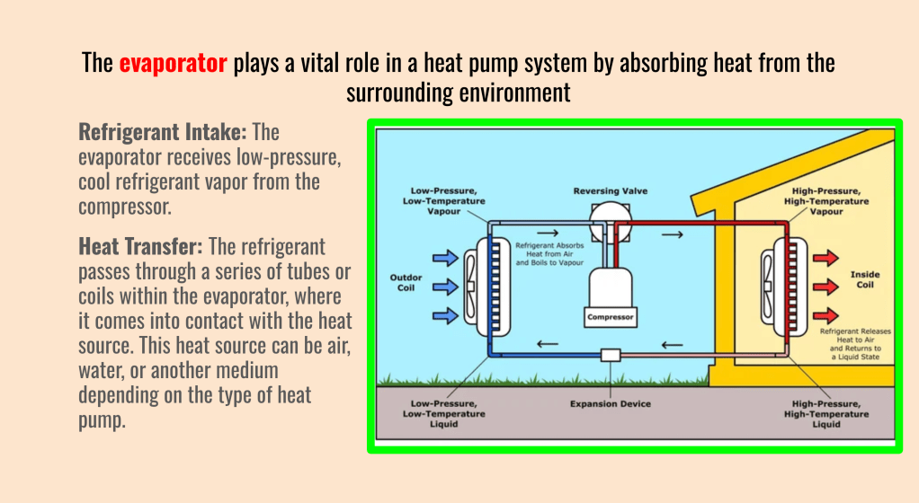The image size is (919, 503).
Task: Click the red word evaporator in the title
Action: [173, 64]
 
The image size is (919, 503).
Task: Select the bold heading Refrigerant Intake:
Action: [163, 133]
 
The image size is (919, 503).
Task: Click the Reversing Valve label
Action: [611, 191]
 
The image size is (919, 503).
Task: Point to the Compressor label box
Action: [611, 317]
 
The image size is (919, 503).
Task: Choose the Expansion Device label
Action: [610, 404]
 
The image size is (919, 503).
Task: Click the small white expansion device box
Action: [611, 355]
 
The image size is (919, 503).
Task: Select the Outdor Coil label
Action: [406, 283]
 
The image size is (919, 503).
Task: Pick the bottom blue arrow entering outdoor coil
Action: [445, 315]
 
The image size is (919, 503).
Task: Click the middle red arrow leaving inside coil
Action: [824, 287]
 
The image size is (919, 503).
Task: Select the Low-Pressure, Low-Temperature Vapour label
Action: [444, 201]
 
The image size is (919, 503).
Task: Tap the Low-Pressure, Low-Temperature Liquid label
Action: [444, 414]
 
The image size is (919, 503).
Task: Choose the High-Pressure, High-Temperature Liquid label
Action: [826, 414]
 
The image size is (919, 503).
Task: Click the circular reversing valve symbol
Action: [611, 216]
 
